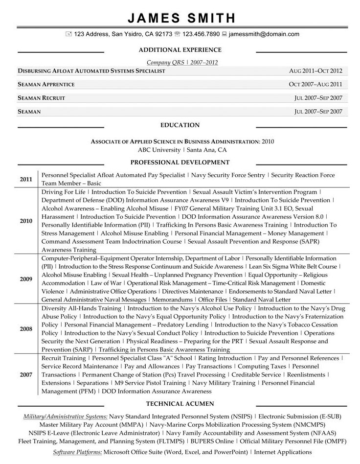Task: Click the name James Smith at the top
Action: [181, 18]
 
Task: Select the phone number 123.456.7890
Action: [201, 34]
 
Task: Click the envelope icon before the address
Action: [68, 34]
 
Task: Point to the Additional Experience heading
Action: [180, 50]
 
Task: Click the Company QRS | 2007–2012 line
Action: [182, 62]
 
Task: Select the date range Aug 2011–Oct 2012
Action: [315, 71]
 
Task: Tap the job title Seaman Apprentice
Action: [46, 85]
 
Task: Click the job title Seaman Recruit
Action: [41, 98]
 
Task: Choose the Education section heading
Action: [180, 125]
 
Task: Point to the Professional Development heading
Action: [180, 162]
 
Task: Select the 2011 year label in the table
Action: [26, 179]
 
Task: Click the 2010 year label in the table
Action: [26, 221]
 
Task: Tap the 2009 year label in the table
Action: [26, 279]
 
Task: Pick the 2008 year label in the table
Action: [26, 329]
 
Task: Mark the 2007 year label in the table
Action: [26, 374]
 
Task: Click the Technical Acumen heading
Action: [180, 404]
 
